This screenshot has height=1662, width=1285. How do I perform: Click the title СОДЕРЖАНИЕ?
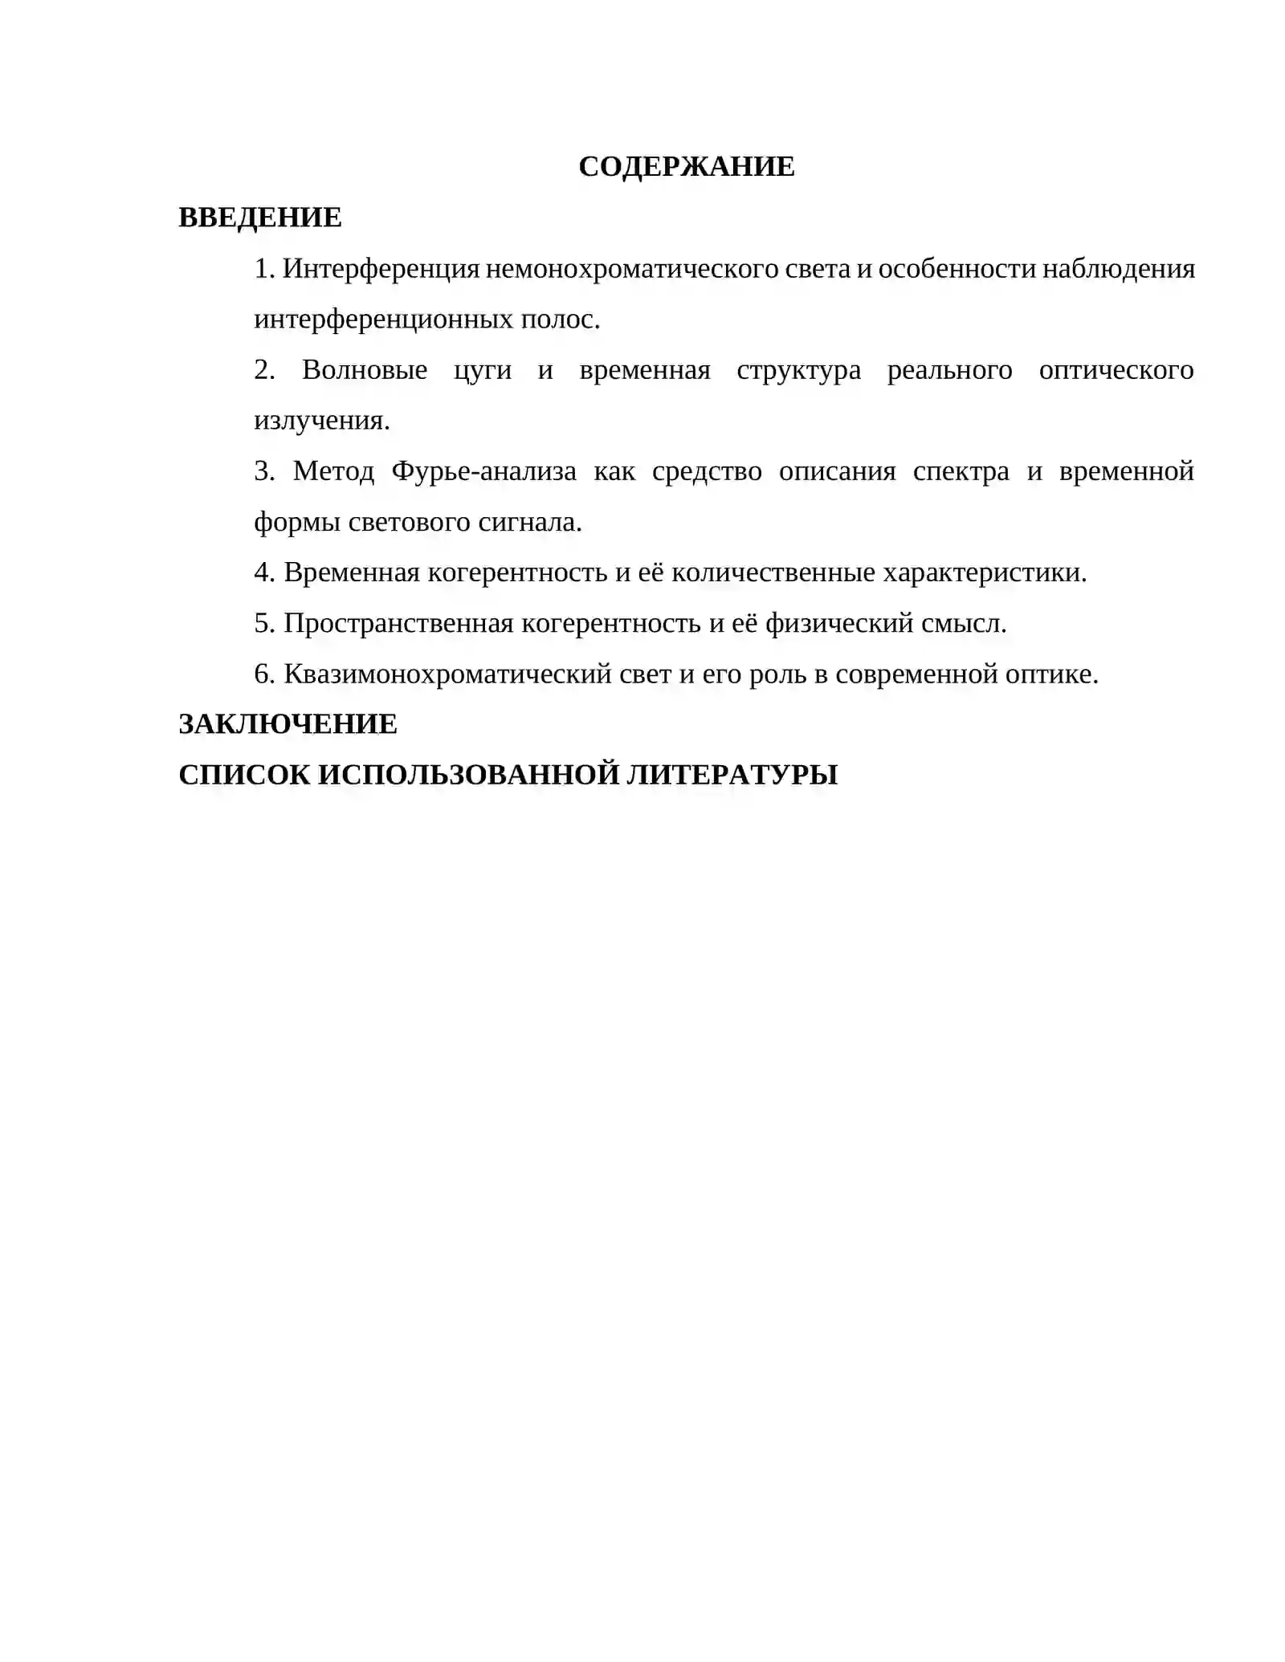coord(686,167)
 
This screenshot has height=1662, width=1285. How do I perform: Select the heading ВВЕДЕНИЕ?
coord(259,218)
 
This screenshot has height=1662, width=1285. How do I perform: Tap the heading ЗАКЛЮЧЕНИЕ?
coord(288,724)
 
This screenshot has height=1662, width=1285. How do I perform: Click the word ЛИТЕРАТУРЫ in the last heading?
coord(732,775)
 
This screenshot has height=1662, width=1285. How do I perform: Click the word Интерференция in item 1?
coord(381,268)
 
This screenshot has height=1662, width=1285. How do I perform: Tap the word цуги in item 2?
coord(482,370)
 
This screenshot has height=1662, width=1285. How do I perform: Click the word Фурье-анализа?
coord(483,471)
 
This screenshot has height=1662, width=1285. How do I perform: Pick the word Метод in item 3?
coord(333,471)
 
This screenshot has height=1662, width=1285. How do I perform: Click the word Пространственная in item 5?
coord(398,623)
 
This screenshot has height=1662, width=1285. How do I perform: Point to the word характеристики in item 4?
coord(984,572)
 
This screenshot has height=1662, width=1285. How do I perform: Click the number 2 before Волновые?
coord(263,370)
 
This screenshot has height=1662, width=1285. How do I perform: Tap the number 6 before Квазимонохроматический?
coord(263,674)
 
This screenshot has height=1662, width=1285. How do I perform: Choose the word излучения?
coord(320,421)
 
